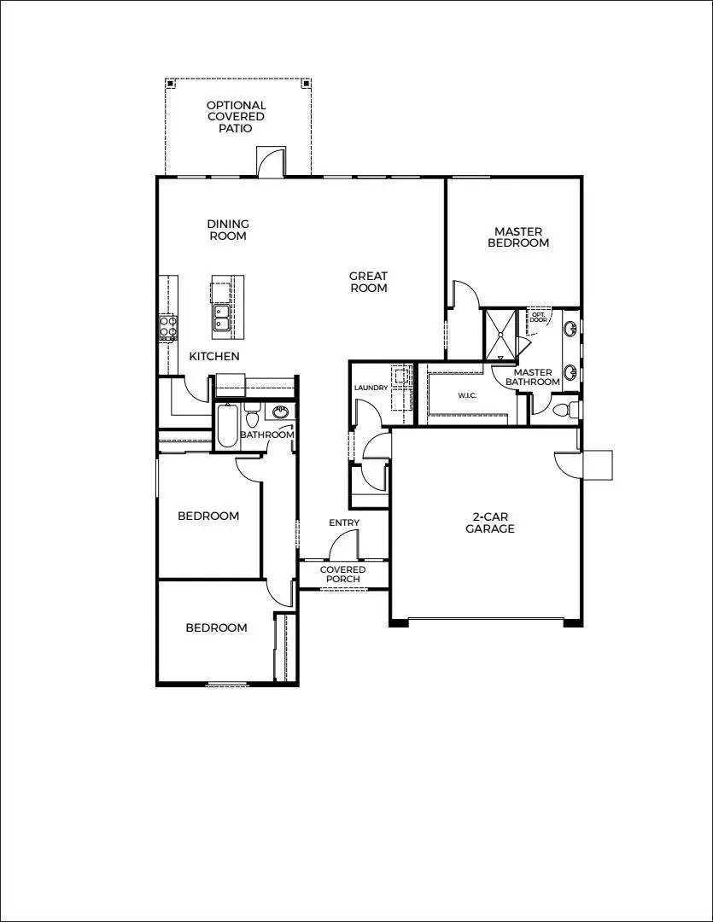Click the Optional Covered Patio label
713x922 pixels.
pyautogui.click(x=236, y=117)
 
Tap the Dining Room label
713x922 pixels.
pyautogui.click(x=228, y=230)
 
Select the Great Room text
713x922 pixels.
pyautogui.click(x=368, y=282)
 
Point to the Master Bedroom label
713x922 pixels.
pyautogui.click(x=518, y=237)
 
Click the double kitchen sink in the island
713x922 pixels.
pyautogui.click(x=222, y=318)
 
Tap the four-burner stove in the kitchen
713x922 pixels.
pyautogui.click(x=167, y=327)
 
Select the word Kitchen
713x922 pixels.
pyautogui.click(x=214, y=356)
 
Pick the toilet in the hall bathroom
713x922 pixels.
pyautogui.click(x=252, y=419)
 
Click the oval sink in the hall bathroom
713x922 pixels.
pyautogui.click(x=280, y=412)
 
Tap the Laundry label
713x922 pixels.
pyautogui.click(x=371, y=388)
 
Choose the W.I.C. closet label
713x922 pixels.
pyautogui.click(x=467, y=395)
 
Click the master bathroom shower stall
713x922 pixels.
pyautogui.click(x=500, y=336)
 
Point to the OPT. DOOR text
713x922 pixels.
pyautogui.click(x=539, y=317)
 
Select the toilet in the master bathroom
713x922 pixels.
pyautogui.click(x=563, y=411)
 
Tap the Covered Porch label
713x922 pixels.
pyautogui.click(x=342, y=575)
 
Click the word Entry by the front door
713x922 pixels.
pyautogui.click(x=344, y=522)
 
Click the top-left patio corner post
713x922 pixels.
pyautogui.click(x=171, y=84)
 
